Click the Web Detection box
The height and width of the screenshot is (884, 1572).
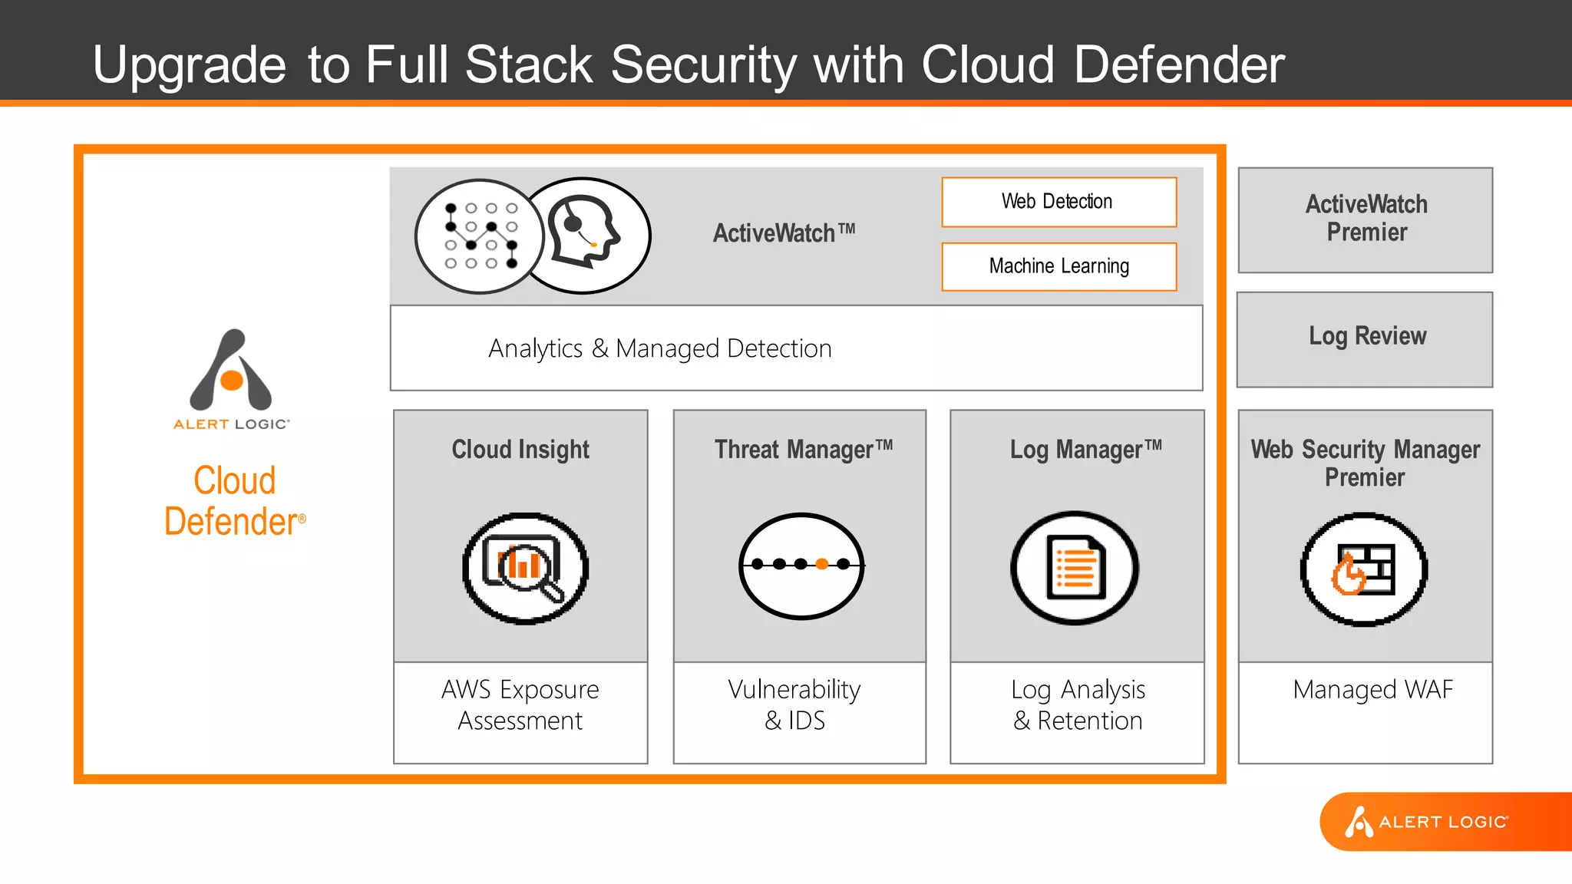click(x=1058, y=202)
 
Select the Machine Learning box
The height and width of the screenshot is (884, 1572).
click(x=1058, y=266)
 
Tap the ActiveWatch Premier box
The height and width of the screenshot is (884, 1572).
click(x=1366, y=219)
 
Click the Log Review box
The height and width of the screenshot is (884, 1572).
click(x=1366, y=338)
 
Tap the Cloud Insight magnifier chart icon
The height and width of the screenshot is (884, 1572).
click(x=525, y=569)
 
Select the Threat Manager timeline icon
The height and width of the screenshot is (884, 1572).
click(x=801, y=566)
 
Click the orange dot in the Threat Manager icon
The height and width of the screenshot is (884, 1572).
click(x=821, y=564)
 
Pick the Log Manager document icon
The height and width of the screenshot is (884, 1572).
click(x=1075, y=568)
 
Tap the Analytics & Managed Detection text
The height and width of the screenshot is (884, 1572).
click(x=660, y=348)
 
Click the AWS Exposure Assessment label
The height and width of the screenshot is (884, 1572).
click(x=520, y=705)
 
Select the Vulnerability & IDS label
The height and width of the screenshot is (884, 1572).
click(x=795, y=705)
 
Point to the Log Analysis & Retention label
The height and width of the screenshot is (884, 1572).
click(x=1078, y=705)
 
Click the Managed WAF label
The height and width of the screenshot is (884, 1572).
click(x=1372, y=689)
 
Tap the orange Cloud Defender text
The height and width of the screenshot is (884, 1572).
click(x=234, y=501)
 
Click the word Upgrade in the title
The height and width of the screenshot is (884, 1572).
click(x=189, y=64)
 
